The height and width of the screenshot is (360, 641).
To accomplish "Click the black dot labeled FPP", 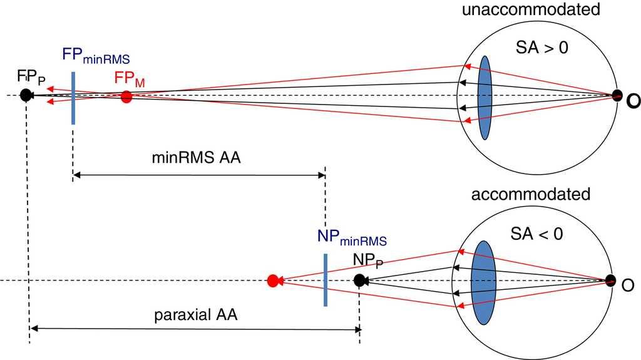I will click(26, 95).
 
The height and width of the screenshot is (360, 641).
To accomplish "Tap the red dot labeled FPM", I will click(126, 96).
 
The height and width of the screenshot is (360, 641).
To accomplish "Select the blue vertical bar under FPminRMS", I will click(73, 98).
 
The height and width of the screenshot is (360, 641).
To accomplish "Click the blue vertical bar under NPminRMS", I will click(326, 280).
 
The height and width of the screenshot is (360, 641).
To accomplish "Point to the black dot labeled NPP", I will click(359, 280).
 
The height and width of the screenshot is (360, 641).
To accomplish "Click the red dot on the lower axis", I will click(272, 281).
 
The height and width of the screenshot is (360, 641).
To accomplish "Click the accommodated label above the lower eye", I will click(531, 194).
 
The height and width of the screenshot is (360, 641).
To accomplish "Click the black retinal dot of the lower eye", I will click(610, 280).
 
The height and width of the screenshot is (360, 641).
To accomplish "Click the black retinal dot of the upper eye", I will click(617, 95).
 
